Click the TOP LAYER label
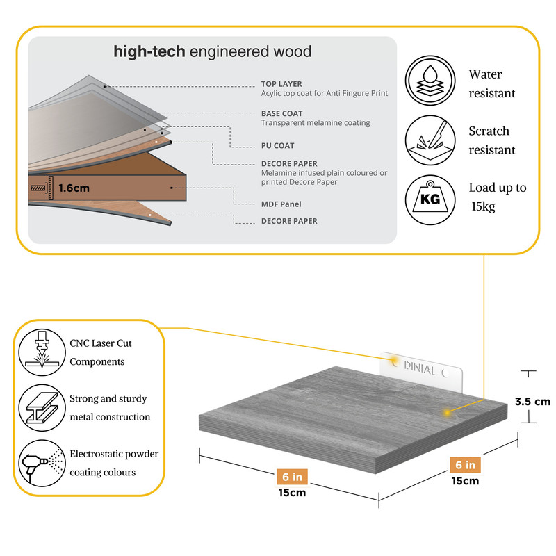click(x=281, y=84)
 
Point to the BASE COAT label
click(x=281, y=113)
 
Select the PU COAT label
click(x=277, y=146)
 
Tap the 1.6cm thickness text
click(x=74, y=188)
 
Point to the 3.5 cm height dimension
click(x=532, y=401)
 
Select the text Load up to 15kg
click(x=498, y=197)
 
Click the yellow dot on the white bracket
click(x=394, y=361)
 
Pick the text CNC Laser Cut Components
click(x=101, y=352)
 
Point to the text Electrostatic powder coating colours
click(x=114, y=463)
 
